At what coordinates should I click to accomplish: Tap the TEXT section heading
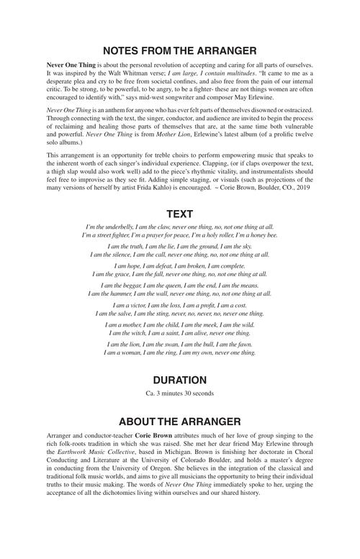tap(180, 214)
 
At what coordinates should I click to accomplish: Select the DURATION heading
tap(180, 379)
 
